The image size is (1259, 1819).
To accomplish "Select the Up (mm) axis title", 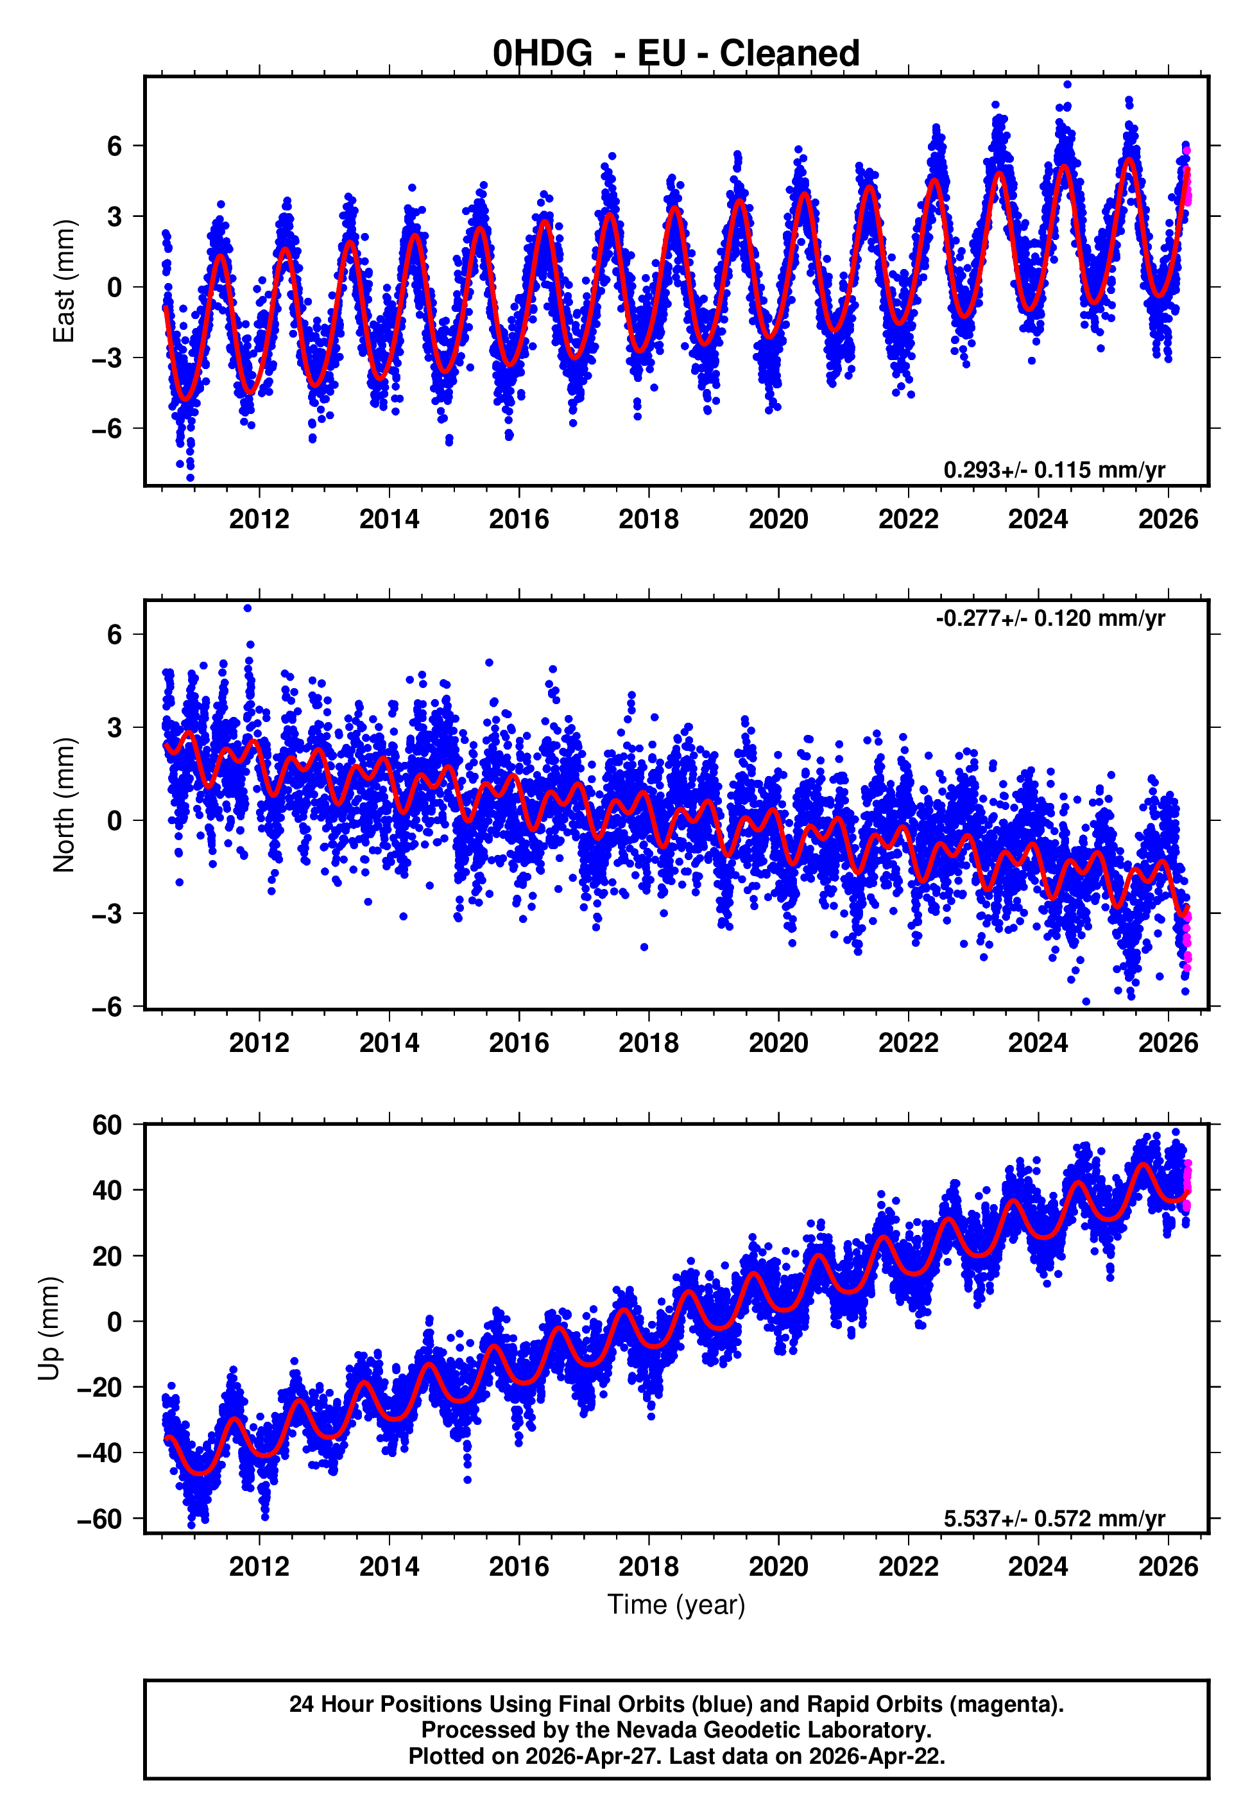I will (x=49, y=1329).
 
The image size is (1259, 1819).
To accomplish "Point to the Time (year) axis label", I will (x=676, y=1605).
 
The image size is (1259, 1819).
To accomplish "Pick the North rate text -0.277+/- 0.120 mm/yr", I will (x=1050, y=619).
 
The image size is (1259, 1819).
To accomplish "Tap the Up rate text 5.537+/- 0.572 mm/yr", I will (x=1053, y=1519).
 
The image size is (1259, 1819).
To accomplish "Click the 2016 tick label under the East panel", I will (x=518, y=520).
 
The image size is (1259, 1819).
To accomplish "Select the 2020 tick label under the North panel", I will (x=778, y=1043).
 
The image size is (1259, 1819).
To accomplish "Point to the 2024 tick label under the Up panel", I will (x=1038, y=1567).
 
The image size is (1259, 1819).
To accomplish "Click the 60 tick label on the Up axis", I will (x=107, y=1125).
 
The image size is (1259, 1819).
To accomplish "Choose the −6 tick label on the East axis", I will (x=107, y=429).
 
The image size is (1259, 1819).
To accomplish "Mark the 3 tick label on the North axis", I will (x=115, y=727).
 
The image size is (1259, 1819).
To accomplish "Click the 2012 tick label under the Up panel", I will (x=259, y=1567).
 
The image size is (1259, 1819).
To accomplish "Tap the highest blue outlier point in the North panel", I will (x=248, y=608).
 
